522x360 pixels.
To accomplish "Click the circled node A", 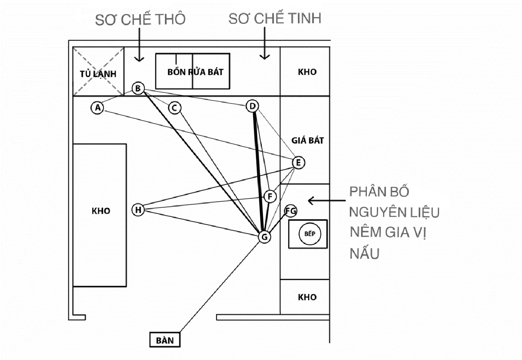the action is point(97,108).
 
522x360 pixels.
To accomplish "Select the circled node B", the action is point(138,88).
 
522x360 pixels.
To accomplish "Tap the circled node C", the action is point(174,108).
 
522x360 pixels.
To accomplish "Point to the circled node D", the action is point(253,106).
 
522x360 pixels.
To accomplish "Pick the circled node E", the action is point(299,162).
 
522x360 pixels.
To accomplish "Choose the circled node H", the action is point(138,210).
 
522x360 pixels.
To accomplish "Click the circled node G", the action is point(264,237).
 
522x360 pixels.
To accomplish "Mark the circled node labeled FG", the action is point(291,211).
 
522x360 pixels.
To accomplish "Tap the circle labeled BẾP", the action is point(310,234).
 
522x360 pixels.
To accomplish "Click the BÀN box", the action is point(165,340).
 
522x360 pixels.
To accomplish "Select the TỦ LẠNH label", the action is point(98,74).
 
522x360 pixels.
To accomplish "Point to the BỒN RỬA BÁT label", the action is point(195,72).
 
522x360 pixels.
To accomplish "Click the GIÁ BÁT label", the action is point(308,140).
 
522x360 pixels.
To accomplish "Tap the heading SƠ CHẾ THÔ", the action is point(140,19).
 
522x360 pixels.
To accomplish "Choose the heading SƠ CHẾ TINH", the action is point(275,18).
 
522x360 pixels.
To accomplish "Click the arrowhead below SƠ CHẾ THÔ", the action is point(139,59).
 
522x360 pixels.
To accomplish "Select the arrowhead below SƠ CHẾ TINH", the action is point(264,57).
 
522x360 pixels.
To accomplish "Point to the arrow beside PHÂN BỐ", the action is point(327,201).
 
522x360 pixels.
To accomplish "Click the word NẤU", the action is point(364,253).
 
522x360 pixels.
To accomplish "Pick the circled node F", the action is point(270,196).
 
